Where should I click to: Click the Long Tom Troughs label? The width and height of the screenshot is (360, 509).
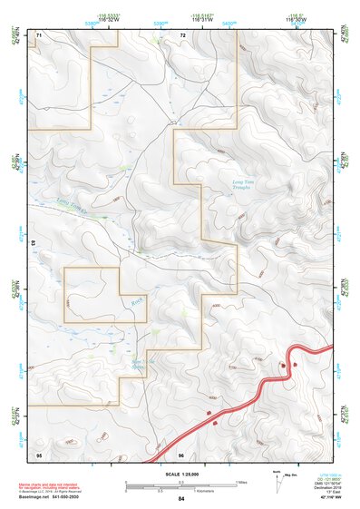(247, 187)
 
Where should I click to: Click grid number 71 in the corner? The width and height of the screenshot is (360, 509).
(39, 34)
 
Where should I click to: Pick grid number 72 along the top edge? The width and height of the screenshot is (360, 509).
(182, 34)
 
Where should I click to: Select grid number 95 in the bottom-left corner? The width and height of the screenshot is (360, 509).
(39, 454)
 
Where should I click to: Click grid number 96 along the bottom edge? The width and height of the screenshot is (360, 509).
(181, 454)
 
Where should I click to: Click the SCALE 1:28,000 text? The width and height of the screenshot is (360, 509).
(181, 475)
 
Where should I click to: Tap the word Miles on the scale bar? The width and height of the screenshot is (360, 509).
(242, 481)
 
